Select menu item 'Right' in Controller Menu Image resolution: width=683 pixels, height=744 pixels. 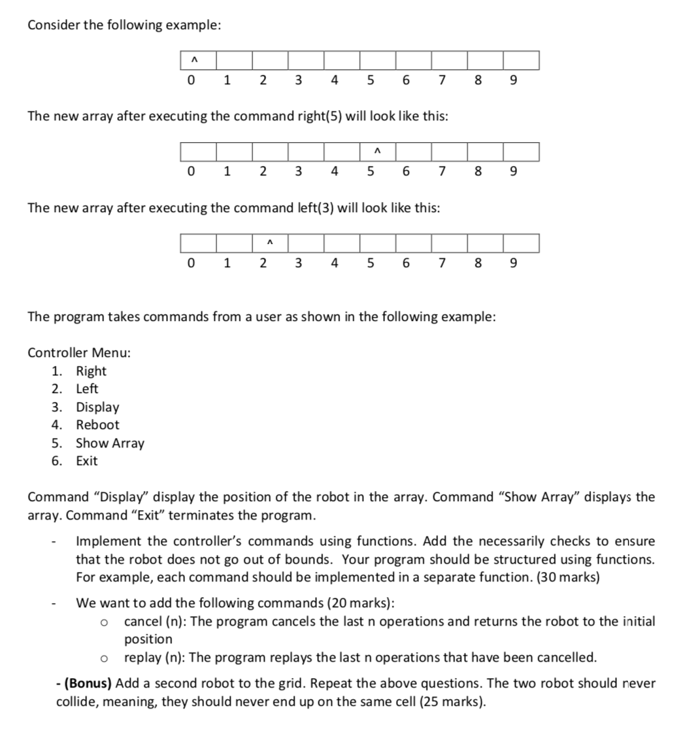91,371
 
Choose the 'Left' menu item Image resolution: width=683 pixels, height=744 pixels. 87,389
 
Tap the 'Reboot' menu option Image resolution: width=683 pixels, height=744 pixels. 97,425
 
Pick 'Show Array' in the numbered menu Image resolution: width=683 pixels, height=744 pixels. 110,443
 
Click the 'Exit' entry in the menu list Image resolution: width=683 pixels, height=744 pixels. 86,461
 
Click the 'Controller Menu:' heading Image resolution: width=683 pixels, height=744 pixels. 79,353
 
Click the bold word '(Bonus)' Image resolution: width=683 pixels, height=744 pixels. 88,683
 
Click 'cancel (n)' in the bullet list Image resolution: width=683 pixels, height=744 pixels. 152,622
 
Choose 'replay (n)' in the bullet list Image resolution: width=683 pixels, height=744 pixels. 152,658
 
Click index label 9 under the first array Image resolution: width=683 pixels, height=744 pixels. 513,81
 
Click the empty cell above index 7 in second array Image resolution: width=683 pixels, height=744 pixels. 448,152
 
